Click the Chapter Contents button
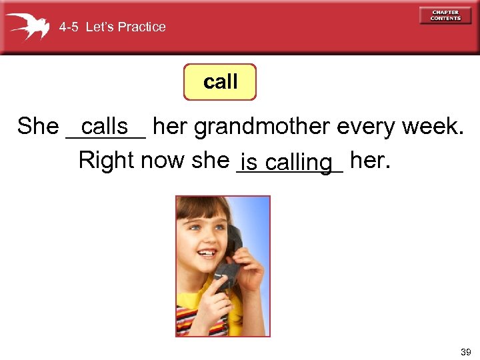(445, 15)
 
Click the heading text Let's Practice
(126, 27)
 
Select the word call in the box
(220, 82)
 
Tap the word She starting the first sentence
(38, 126)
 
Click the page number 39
(465, 351)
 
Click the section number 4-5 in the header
(69, 27)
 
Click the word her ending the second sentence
(367, 160)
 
